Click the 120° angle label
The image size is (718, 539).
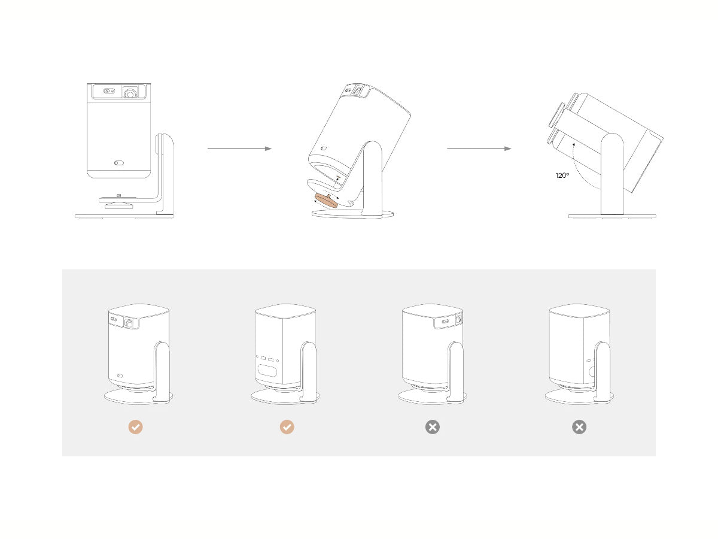(561, 176)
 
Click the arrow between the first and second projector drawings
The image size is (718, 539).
(239, 149)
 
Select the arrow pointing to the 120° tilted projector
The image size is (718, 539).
(479, 149)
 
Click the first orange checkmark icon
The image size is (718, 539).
(136, 427)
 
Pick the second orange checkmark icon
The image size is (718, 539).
(287, 427)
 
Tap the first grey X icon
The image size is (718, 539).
(432, 427)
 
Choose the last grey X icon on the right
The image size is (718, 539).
(579, 427)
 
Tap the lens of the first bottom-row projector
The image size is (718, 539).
(129, 322)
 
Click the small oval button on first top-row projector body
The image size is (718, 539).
(118, 162)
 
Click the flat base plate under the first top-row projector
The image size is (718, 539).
(124, 216)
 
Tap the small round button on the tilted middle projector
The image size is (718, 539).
(323, 149)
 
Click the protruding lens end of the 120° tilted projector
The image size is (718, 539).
(556, 125)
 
